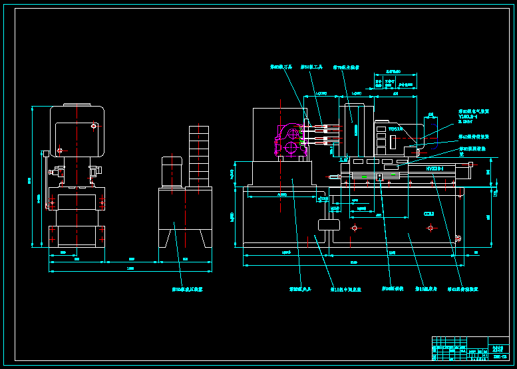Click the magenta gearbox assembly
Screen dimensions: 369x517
click(291, 140)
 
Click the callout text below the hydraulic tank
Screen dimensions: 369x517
click(187, 290)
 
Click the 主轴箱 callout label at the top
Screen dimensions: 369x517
click(345, 67)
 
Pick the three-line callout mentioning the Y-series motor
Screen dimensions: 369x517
click(474, 117)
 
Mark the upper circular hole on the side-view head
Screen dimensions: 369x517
click(94, 125)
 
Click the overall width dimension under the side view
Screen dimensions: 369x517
click(130, 268)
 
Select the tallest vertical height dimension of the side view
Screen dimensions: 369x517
click(30, 180)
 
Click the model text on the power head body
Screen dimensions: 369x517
click(396, 129)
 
